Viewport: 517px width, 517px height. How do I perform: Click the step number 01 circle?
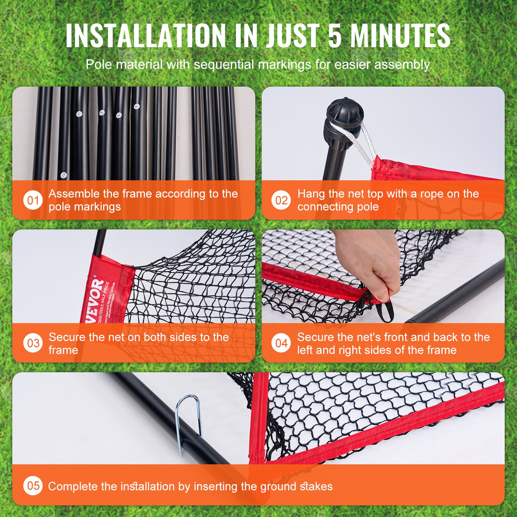pyautogui.click(x=33, y=200)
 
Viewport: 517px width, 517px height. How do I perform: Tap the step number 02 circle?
pyautogui.click(x=281, y=200)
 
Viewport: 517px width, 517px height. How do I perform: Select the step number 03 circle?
pyautogui.click(x=33, y=343)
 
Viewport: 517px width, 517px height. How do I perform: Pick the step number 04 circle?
pyautogui.click(x=281, y=343)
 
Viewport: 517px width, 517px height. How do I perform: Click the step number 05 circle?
pyautogui.click(x=33, y=486)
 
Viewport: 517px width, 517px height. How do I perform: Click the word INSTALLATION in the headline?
pyautogui.click(x=145, y=36)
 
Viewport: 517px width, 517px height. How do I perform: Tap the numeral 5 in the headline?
pyautogui.click(x=335, y=36)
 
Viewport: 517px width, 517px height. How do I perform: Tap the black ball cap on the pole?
pyautogui.click(x=345, y=113)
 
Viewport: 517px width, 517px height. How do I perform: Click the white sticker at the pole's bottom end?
pyautogui.click(x=64, y=175)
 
